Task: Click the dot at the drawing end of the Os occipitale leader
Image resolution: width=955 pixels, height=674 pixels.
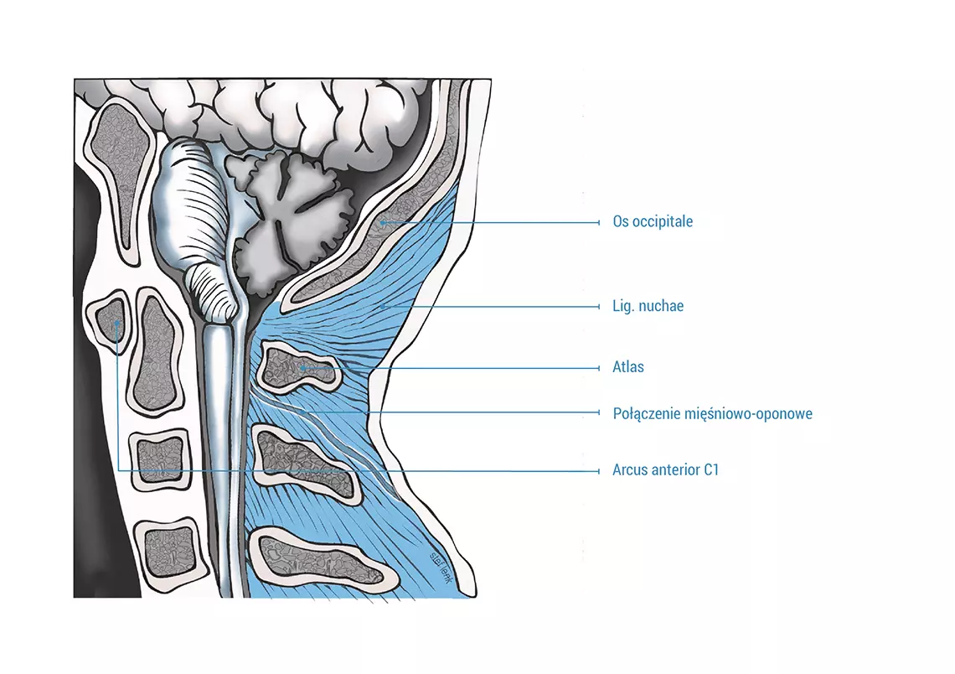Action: [383, 222]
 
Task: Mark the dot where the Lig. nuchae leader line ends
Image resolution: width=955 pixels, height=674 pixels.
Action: [383, 307]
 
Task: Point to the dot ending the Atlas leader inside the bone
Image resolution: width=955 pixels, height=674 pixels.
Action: [302, 368]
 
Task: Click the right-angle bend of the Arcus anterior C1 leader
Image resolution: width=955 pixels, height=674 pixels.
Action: [117, 470]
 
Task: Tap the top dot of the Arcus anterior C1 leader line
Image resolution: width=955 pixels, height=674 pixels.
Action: [117, 323]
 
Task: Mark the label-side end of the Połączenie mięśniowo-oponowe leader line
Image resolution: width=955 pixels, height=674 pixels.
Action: [599, 412]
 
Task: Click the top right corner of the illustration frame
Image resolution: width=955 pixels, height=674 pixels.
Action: [491, 80]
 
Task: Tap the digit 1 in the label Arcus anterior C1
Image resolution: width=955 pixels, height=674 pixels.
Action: [715, 469]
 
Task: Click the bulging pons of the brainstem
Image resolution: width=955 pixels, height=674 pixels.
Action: [188, 207]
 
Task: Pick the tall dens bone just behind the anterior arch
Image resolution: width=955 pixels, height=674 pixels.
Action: [155, 351]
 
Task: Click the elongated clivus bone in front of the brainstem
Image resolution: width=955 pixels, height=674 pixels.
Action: [120, 179]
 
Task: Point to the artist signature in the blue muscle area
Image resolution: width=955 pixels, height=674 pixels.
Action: [440, 568]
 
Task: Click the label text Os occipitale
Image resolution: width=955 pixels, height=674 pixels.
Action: [653, 221]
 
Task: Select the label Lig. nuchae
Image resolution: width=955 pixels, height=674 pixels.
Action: [648, 305]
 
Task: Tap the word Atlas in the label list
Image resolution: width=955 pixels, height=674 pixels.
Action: [628, 367]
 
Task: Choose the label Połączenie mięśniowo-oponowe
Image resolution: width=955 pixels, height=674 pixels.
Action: [713, 414]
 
